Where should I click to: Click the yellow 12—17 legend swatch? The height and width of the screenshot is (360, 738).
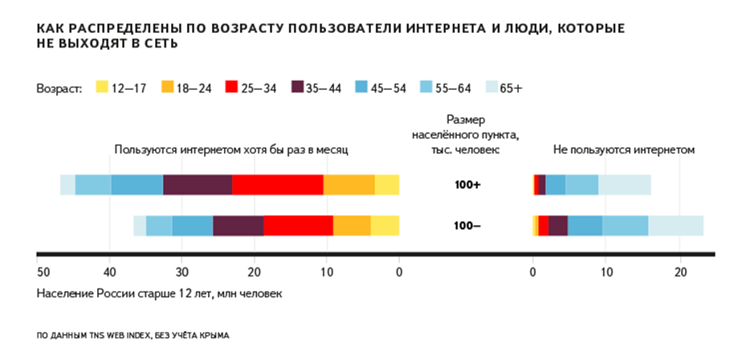[x=101, y=88]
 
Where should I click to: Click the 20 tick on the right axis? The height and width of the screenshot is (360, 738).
[x=680, y=271]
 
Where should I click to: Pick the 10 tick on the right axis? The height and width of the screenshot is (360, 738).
[x=607, y=271]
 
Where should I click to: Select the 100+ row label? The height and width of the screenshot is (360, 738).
[x=467, y=185]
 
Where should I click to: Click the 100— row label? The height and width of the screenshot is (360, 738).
[x=467, y=226]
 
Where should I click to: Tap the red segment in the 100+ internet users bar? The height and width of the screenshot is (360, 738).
[x=278, y=185]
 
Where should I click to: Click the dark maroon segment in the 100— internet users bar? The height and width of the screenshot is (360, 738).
[x=238, y=226]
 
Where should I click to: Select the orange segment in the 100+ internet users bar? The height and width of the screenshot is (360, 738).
[x=349, y=185]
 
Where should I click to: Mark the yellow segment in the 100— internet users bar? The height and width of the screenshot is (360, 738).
[x=385, y=226]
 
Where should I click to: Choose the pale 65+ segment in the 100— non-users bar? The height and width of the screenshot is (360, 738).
[x=675, y=226]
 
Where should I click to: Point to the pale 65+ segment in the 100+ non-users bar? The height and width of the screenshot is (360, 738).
[x=625, y=185]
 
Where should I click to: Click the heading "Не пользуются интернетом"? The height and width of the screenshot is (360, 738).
[x=623, y=149]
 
